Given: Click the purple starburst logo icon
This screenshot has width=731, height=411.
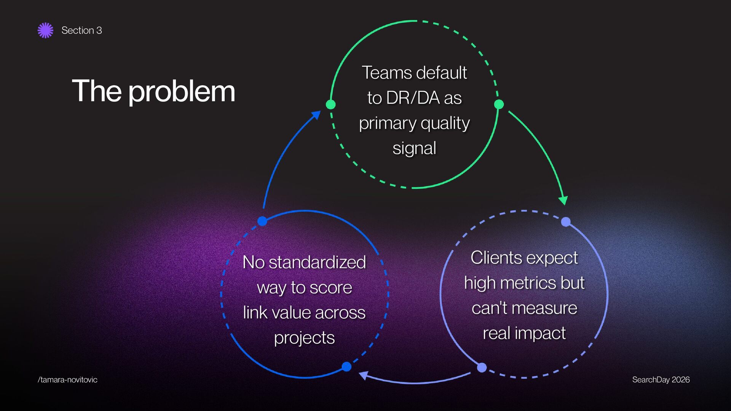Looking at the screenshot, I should (45, 30).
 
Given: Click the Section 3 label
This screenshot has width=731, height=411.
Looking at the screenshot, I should (81, 30).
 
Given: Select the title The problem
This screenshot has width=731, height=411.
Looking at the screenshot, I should (153, 91).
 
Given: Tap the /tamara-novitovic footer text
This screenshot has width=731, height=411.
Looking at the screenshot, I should (67, 380).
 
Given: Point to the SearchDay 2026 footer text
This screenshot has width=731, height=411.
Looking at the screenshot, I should (661, 380).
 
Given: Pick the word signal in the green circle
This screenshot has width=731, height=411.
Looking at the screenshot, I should (414, 148).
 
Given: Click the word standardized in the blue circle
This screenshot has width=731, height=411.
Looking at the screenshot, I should (317, 263).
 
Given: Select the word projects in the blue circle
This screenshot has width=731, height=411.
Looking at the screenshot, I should (304, 338).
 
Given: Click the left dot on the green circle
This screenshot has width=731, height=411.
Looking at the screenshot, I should (331, 104).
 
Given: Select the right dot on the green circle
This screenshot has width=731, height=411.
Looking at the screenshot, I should (499, 104).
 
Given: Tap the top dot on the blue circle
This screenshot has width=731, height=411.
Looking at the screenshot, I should (262, 221).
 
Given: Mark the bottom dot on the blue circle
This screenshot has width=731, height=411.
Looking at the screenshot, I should (346, 366).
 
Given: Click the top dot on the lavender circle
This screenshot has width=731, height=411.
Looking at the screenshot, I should (566, 222).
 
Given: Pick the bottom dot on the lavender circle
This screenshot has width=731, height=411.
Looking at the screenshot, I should (482, 367).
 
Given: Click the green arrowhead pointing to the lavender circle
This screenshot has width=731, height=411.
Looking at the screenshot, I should (563, 200).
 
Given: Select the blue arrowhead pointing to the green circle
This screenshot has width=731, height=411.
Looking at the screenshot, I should (316, 115).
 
